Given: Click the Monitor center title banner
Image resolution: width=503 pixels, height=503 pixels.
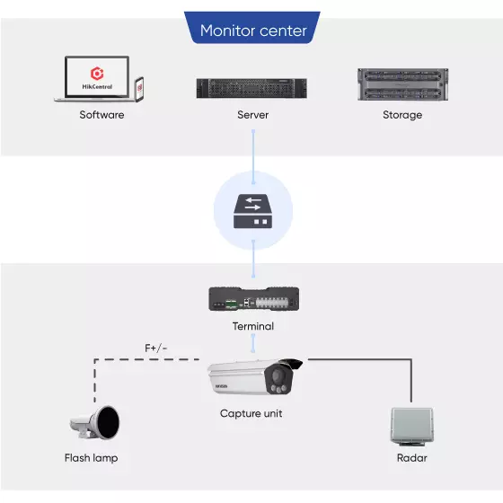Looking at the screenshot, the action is [x=252, y=28].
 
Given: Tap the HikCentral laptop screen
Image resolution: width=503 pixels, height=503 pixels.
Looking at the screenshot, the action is [x=97, y=76].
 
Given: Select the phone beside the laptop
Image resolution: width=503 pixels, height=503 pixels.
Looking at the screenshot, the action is [x=139, y=90].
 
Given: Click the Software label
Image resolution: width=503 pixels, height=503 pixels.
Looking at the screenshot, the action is [x=101, y=115].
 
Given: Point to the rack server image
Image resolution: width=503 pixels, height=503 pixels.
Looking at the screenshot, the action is [x=251, y=88].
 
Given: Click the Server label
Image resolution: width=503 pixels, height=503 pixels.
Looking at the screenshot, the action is [x=252, y=115].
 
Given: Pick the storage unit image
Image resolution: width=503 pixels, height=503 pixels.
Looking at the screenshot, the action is [x=403, y=84].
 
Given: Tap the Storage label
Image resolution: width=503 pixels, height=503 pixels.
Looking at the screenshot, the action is [x=402, y=115].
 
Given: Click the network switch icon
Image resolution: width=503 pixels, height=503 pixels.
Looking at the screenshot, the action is [x=252, y=211].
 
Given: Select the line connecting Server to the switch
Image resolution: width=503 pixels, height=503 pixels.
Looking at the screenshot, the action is [x=253, y=157].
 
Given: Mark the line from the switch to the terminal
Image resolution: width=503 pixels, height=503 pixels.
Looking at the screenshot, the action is [x=253, y=259].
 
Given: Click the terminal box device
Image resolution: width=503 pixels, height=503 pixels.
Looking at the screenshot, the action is [x=253, y=298].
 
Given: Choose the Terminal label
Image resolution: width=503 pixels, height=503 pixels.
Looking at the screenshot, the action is [x=253, y=326].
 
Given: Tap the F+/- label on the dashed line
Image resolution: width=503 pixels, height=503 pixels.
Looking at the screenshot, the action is [x=156, y=348].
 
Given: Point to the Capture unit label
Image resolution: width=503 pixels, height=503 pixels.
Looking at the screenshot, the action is [x=251, y=413].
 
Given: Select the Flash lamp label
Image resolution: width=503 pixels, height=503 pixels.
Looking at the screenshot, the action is [x=91, y=458].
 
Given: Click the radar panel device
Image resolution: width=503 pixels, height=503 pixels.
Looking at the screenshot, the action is [x=412, y=427].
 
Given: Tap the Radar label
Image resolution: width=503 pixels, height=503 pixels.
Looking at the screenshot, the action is [x=412, y=458].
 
